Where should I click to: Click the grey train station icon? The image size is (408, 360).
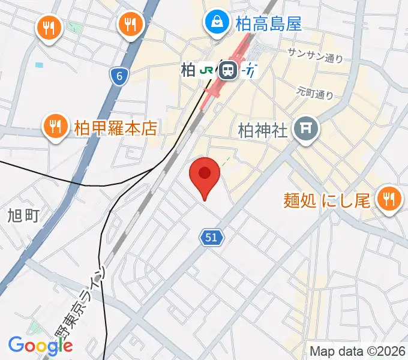pos(227,71)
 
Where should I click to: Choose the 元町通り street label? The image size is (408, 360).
pos(314,93)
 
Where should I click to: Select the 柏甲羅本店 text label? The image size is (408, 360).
pos(115,127)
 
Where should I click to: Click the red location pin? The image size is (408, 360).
pos(204,178)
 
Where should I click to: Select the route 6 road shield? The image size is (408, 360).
pos(119,76)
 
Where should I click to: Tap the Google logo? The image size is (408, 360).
pos(40,346)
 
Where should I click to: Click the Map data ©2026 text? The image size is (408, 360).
pos(357,351)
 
